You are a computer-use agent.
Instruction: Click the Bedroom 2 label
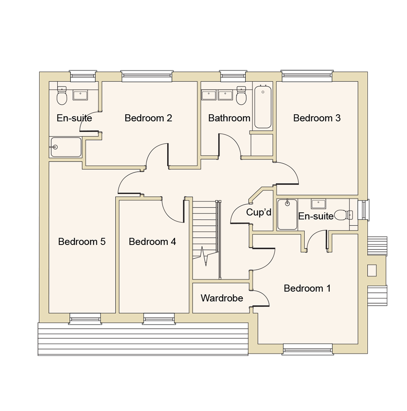(148, 118)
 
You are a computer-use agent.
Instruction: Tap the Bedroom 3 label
(317, 118)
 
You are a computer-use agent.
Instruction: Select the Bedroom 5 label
(82, 242)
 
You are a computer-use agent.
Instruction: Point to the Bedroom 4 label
(152, 242)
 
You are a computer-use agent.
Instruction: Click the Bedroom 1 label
(307, 289)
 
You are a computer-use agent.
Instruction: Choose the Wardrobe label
(222, 298)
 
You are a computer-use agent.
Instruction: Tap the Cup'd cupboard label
(258, 212)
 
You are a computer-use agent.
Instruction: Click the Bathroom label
(229, 118)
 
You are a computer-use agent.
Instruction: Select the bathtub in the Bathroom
(263, 107)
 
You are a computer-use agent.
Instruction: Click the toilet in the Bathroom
(241, 97)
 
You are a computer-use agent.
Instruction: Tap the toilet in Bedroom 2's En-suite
(62, 96)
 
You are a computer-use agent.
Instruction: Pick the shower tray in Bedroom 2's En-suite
(66, 147)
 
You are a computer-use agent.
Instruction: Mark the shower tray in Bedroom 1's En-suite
(287, 214)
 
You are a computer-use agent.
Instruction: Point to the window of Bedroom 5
(85, 319)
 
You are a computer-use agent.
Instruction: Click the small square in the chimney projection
(372, 270)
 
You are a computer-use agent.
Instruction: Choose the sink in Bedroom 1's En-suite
(318, 204)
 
